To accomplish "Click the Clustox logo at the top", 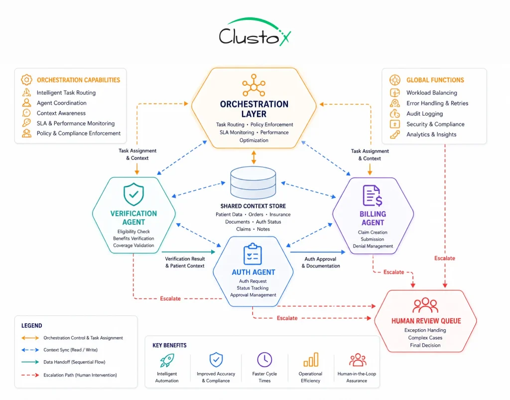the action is click(x=255, y=32).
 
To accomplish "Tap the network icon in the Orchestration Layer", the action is click(x=254, y=85).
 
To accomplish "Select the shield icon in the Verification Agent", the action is click(x=133, y=194).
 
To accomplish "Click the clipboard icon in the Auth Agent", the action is click(x=253, y=254).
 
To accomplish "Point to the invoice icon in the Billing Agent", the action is click(x=373, y=195).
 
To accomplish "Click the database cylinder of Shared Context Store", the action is click(x=253, y=182).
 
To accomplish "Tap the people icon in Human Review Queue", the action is click(x=425, y=305).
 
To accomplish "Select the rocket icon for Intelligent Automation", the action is click(x=167, y=360).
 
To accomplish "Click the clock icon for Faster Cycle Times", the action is click(x=264, y=360).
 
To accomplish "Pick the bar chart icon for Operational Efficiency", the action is click(x=311, y=360).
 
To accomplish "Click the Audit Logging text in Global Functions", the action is click(x=424, y=114).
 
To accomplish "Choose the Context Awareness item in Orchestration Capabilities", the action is click(x=61, y=113).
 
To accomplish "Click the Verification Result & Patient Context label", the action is click(x=185, y=262).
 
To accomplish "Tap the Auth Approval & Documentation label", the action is click(x=321, y=263).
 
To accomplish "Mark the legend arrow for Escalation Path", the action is click(x=30, y=375).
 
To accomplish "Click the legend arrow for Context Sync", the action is click(x=30, y=350).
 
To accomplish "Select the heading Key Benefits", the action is click(x=169, y=345).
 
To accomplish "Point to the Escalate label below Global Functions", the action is click(x=445, y=258).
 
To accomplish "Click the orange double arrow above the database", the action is click(x=254, y=157).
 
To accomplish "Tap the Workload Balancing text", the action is click(x=432, y=93).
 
